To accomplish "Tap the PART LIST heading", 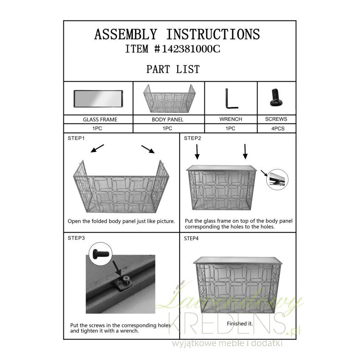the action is click(x=173, y=69).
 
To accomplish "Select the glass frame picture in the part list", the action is click(x=98, y=99).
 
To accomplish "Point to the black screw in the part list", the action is click(x=276, y=97).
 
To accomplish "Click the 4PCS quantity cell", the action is click(x=277, y=128).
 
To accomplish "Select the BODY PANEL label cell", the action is click(x=168, y=119).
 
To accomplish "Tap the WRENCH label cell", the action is click(x=231, y=119).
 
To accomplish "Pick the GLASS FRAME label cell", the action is click(x=98, y=119).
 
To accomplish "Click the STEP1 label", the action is click(x=76, y=138).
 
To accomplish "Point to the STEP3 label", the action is click(x=76, y=238).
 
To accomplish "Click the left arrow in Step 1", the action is click(x=97, y=148).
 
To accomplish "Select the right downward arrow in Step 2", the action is click(x=245, y=151).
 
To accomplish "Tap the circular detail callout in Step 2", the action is click(x=277, y=180).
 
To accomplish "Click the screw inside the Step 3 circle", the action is click(x=100, y=254).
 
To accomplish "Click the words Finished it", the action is click(x=240, y=324).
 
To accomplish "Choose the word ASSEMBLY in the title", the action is click(x=126, y=34).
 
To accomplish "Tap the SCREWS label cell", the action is click(x=276, y=119).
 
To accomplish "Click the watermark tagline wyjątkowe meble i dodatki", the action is click(x=227, y=343).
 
